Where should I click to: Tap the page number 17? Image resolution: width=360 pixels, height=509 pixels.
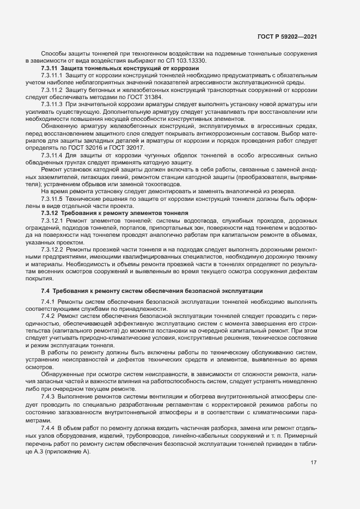click(x=313, y=463)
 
